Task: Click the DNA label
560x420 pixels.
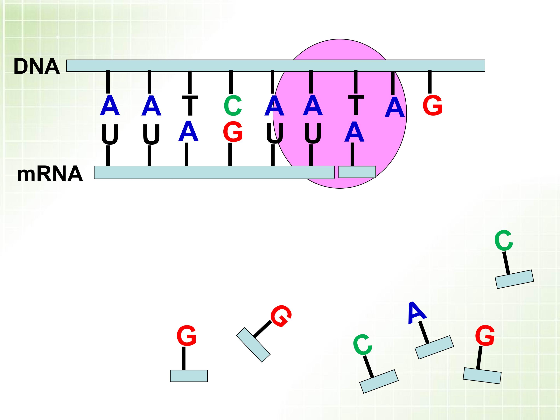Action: [x=37, y=66]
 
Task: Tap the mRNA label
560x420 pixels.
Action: [x=50, y=174]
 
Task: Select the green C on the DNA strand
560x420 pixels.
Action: [x=233, y=106]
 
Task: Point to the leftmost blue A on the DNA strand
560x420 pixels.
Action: [x=110, y=106]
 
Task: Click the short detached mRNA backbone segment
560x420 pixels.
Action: [x=357, y=172]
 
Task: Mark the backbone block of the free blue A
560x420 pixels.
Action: [x=434, y=347]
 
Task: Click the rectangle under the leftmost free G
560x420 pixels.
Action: [x=189, y=376]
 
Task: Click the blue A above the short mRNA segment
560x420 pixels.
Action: [x=354, y=132]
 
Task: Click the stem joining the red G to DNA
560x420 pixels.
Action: [x=430, y=82]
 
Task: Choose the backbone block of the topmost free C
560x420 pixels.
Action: [x=514, y=279]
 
